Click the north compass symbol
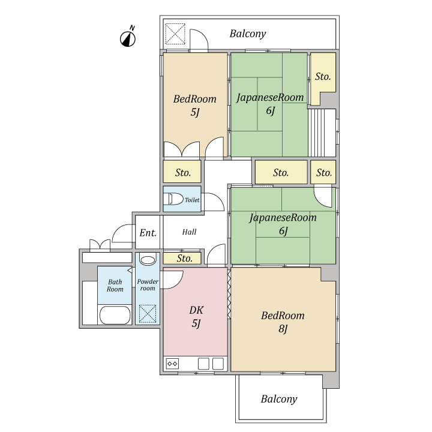click(128, 37)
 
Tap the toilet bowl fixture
click(173, 199)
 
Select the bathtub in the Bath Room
click(115, 315)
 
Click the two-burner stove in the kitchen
click(172, 364)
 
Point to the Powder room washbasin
click(148, 260)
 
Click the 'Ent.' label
click(148, 233)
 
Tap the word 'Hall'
click(189, 232)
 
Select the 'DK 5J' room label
click(196, 317)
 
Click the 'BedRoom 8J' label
click(283, 322)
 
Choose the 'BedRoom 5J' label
click(195, 105)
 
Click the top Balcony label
click(248, 34)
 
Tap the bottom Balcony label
click(279, 399)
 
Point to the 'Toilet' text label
click(192, 200)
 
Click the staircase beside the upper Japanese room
click(322, 133)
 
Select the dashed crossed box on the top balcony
click(175, 34)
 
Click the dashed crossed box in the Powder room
click(148, 314)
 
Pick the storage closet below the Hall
click(182, 258)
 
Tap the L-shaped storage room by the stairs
click(323, 77)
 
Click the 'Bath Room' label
click(115, 286)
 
